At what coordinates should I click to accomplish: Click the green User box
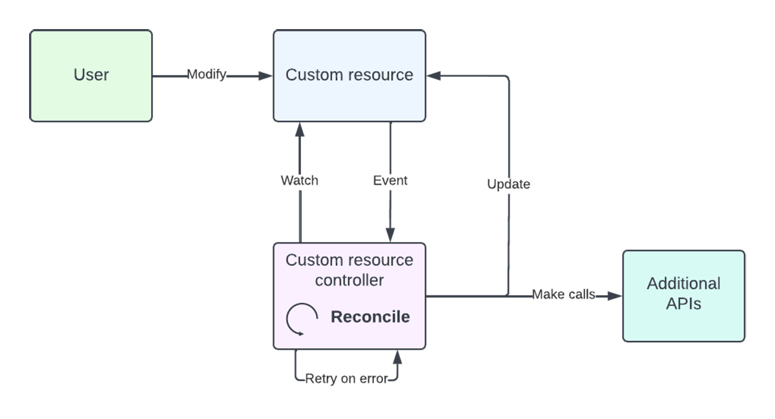pyautogui.click(x=91, y=76)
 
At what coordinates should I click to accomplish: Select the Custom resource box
pyautogui.click(x=349, y=76)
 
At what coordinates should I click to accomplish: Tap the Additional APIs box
pyautogui.click(x=683, y=296)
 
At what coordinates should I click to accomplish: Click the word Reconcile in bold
pyautogui.click(x=370, y=317)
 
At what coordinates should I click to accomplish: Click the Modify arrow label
pyautogui.click(x=207, y=75)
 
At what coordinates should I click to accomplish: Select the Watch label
pyautogui.click(x=299, y=181)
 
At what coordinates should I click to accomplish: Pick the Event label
pyautogui.click(x=390, y=181)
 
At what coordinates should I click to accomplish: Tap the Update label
pyautogui.click(x=508, y=185)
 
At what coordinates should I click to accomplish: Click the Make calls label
pyautogui.click(x=563, y=295)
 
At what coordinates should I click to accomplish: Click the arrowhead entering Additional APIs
pyautogui.click(x=615, y=296)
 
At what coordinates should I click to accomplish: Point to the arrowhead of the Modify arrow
pyautogui.click(x=265, y=76)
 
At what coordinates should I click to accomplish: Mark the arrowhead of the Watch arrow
pyautogui.click(x=300, y=128)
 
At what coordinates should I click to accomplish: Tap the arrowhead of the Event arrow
pyautogui.click(x=390, y=236)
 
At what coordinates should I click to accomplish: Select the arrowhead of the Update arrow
pyautogui.click(x=434, y=76)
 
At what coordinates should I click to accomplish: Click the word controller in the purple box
pyautogui.click(x=349, y=280)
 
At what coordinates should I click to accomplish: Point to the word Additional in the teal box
pyautogui.click(x=683, y=283)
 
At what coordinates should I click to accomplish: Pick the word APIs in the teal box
pyautogui.click(x=683, y=303)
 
